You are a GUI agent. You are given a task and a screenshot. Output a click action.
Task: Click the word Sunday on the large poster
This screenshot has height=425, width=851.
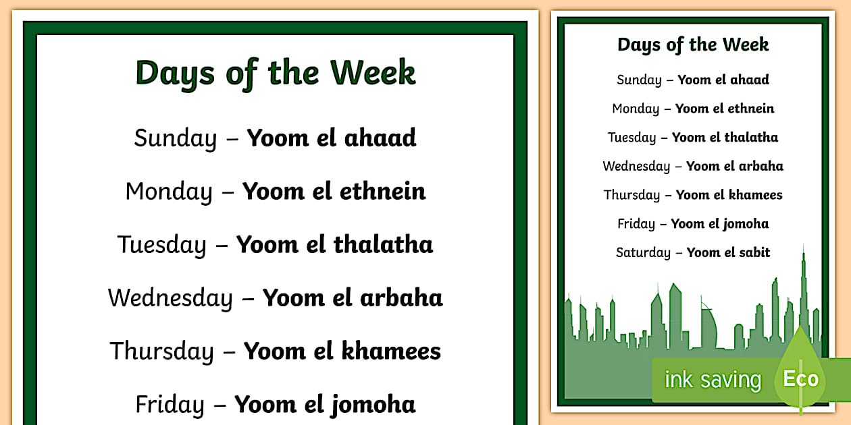pos(175,138)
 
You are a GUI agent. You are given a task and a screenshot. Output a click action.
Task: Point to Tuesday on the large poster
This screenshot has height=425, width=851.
pos(161,244)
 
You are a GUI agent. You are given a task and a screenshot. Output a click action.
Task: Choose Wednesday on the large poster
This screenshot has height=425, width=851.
pos(170,298)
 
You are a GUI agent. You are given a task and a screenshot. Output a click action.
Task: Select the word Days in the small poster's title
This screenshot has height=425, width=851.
pos(638,45)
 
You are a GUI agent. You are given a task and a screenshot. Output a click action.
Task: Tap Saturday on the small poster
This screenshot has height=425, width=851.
pos(643,253)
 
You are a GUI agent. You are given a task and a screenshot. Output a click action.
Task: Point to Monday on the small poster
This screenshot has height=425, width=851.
pos(636,109)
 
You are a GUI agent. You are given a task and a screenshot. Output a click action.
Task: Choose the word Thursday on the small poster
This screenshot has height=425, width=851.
pos(631,195)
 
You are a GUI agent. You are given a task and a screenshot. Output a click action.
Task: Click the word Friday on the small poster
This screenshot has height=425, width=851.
pos(636,224)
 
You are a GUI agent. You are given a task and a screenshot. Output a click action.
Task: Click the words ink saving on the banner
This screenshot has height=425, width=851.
pos(713,380)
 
